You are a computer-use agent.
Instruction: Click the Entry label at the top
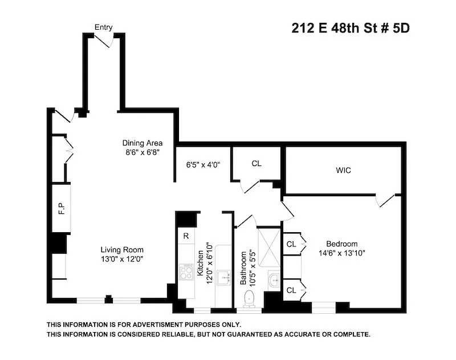pos(104,27)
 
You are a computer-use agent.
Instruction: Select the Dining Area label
pos(142,143)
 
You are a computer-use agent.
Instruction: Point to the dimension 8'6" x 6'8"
pos(142,152)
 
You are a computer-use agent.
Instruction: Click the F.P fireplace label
pos(61,209)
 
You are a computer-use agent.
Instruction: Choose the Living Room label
pos(122,249)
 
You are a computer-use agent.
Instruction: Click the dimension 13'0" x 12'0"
pos(122,259)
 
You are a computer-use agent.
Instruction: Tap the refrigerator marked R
pos(186,236)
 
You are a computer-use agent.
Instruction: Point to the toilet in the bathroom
pos(249,298)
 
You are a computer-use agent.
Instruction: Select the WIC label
pos(344,170)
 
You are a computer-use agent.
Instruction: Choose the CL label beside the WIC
pos(256,164)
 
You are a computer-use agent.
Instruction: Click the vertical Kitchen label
pos(200,264)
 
